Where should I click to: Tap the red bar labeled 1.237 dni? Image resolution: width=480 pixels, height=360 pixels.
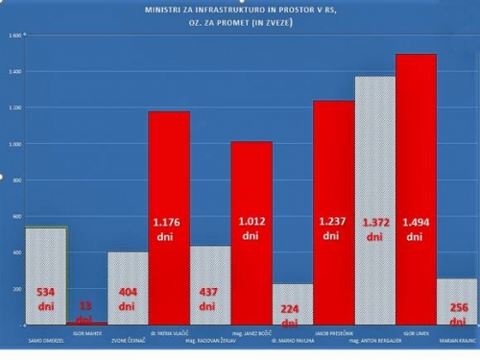333,211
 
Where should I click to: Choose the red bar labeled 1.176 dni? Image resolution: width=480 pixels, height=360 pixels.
168,217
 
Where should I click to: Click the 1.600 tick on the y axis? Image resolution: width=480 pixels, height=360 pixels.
13,36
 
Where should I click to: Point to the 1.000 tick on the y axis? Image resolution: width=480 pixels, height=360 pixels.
13,144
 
